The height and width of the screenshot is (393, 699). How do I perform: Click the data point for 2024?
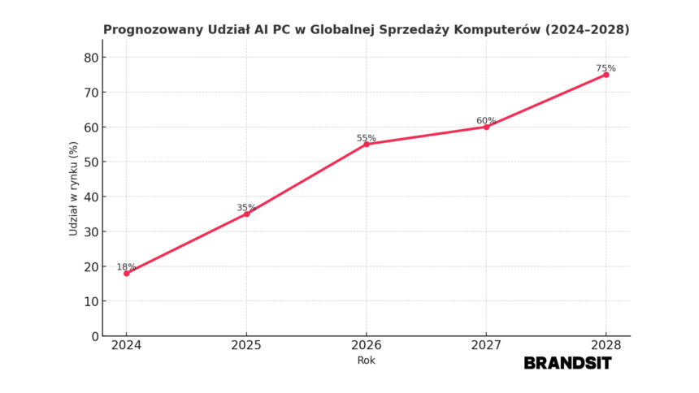click(x=126, y=273)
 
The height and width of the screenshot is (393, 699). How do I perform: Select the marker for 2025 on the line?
click(x=246, y=214)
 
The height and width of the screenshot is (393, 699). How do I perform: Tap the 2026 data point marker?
click(x=366, y=144)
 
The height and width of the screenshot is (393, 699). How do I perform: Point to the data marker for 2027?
click(x=486, y=127)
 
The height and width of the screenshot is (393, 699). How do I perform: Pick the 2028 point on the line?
click(x=606, y=75)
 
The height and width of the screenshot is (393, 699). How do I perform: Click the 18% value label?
click(x=126, y=266)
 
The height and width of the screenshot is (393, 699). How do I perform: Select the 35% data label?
click(x=246, y=208)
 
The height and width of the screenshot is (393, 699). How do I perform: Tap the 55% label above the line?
click(x=366, y=138)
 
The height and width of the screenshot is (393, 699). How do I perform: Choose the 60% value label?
click(x=486, y=121)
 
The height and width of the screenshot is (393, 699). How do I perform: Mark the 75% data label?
click(x=606, y=68)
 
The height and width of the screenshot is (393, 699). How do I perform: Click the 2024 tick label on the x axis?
click(x=126, y=345)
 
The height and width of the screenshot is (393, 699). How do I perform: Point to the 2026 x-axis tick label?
click(x=366, y=345)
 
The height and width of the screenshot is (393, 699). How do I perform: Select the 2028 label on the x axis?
click(x=606, y=345)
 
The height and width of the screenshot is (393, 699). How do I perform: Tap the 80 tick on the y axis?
click(x=89, y=58)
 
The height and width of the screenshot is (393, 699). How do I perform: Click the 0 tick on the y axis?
click(x=94, y=336)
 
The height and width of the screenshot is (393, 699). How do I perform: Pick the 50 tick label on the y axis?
click(x=89, y=162)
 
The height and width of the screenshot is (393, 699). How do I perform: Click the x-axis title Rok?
click(x=366, y=361)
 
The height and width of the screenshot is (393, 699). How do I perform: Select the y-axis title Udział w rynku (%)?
click(x=74, y=188)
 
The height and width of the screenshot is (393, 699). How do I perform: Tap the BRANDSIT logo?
click(x=567, y=363)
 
